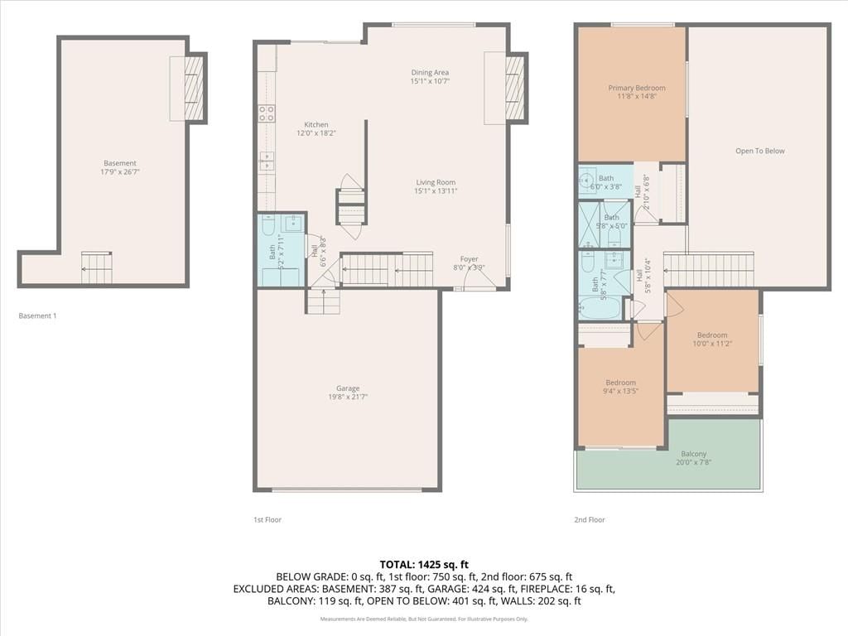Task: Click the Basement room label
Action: click(x=120, y=163)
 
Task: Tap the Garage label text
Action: click(x=348, y=388)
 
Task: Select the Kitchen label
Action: click(x=316, y=124)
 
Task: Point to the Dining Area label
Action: click(x=430, y=73)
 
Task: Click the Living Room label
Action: click(x=436, y=182)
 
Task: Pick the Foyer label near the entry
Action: click(x=470, y=259)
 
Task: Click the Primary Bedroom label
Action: click(x=637, y=88)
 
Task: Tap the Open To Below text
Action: click(x=760, y=151)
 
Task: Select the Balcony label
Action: click(x=694, y=454)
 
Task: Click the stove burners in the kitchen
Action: click(x=266, y=113)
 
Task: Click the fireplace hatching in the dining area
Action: click(x=515, y=88)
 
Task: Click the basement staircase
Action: click(x=97, y=268)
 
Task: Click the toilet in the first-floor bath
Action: click(x=269, y=225)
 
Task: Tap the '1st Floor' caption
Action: click(x=267, y=520)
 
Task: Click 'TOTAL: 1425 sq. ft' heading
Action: click(x=424, y=565)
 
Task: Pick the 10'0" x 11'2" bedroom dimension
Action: click(x=712, y=344)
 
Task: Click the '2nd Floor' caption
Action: click(x=590, y=520)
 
